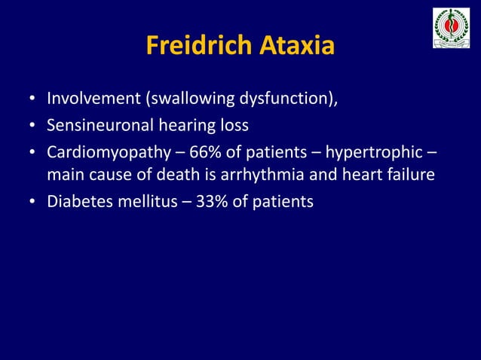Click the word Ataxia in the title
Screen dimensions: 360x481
[296, 46]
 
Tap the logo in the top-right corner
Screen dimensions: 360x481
[451, 28]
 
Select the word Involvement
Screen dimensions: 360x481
[89, 98]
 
